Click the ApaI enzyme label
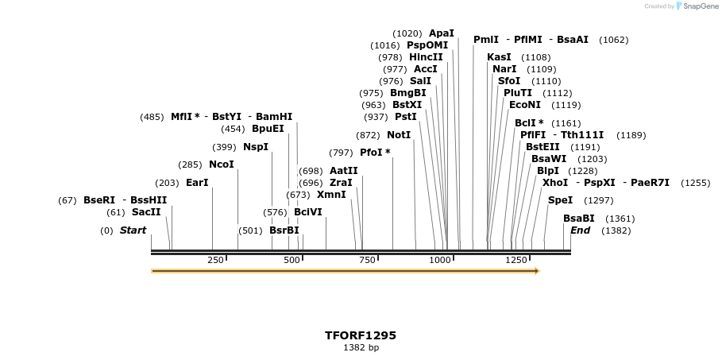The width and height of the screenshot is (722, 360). tap(442, 33)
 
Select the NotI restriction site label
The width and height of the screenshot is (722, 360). tap(399, 135)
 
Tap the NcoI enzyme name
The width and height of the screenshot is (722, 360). tap(221, 165)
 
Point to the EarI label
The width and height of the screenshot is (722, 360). tap(197, 183)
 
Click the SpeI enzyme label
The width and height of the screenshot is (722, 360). tap(560, 200)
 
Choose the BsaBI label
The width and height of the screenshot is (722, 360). tap(578, 219)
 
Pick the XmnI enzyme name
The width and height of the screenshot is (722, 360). tap(331, 195)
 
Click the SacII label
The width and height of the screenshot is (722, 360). tap(146, 212)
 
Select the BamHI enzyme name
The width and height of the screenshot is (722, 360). tap(275, 117)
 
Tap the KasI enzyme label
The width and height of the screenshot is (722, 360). tap(499, 57)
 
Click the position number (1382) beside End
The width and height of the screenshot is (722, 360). tap(616, 230)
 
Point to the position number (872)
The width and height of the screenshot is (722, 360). tap(368, 135)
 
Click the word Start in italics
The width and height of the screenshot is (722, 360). tap(133, 230)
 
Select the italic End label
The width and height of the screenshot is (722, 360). tap(581, 230)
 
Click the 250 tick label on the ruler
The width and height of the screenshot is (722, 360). tap(215, 260)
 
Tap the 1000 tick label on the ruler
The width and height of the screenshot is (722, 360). tap(440, 260)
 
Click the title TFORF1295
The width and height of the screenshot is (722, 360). tap(361, 335)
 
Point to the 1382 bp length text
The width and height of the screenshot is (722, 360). tap(361, 348)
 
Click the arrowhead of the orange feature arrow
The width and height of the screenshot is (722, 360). tap(537, 271)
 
